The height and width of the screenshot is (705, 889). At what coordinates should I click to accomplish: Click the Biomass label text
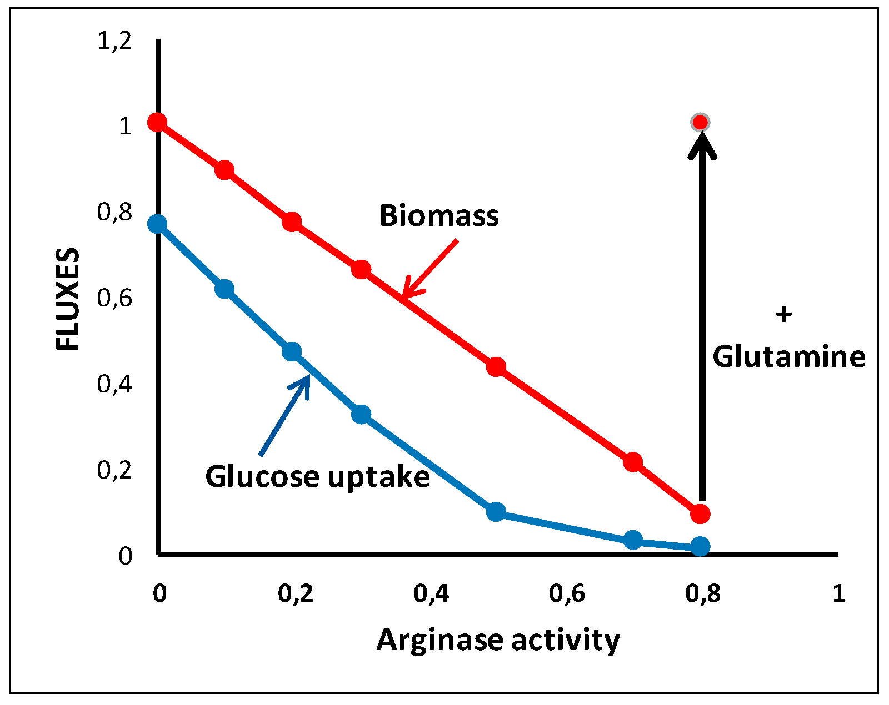439,215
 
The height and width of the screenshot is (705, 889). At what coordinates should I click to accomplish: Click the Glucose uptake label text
317,476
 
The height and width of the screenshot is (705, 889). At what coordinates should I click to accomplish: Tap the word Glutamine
788,356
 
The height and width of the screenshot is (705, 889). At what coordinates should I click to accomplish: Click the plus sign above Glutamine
783,315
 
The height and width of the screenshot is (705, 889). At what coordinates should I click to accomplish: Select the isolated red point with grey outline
700,122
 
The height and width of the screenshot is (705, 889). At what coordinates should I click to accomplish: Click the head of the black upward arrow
702,145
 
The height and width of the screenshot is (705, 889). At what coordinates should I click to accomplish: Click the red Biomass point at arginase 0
157,122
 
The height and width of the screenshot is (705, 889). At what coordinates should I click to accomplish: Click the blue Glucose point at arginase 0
157,224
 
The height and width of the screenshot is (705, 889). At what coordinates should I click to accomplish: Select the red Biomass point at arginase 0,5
496,367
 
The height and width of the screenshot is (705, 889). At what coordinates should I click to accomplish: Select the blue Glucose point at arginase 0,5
496,511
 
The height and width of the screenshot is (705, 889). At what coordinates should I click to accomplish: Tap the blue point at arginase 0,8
700,546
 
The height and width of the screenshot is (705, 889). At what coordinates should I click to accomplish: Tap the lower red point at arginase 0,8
700,513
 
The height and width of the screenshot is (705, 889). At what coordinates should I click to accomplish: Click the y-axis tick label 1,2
114,41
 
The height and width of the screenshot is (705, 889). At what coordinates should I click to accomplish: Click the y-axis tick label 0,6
114,299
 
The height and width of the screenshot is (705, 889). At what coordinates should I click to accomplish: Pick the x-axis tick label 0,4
431,594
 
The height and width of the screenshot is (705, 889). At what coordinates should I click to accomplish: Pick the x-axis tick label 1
838,594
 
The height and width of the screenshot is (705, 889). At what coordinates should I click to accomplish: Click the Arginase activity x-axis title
498,640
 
